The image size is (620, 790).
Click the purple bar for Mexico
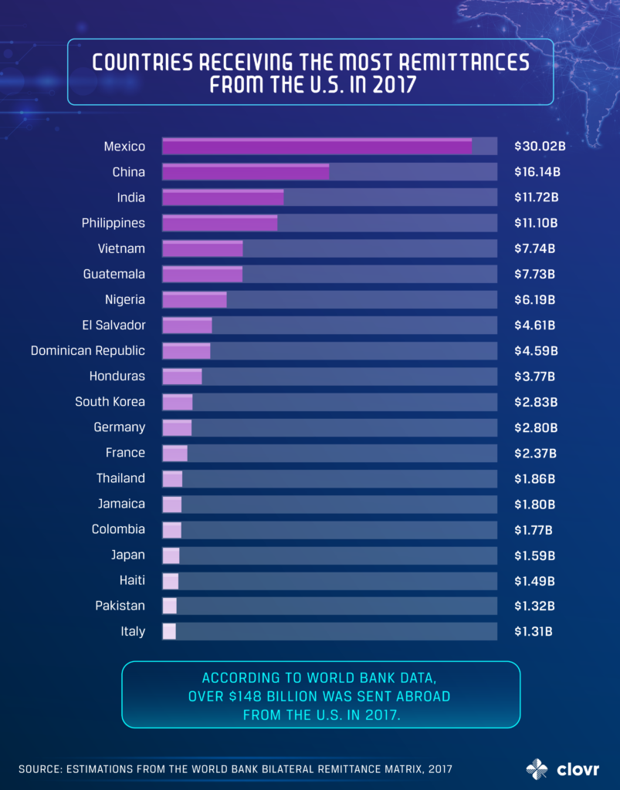[x=317, y=147]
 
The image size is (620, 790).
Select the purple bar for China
[x=246, y=172]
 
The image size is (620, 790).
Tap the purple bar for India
[x=222, y=197]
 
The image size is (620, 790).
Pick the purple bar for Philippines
[x=219, y=223]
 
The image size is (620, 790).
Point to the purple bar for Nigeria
[x=194, y=299]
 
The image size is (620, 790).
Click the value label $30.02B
[x=537, y=147]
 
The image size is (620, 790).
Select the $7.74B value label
[x=535, y=248]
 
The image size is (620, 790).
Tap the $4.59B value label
[x=535, y=351]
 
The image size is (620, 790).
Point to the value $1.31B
[x=534, y=631]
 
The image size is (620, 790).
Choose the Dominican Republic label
[x=87, y=351]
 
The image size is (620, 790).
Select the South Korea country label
[x=110, y=401]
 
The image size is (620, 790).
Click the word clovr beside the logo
[x=574, y=768]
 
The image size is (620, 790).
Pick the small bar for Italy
[x=168, y=631]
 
